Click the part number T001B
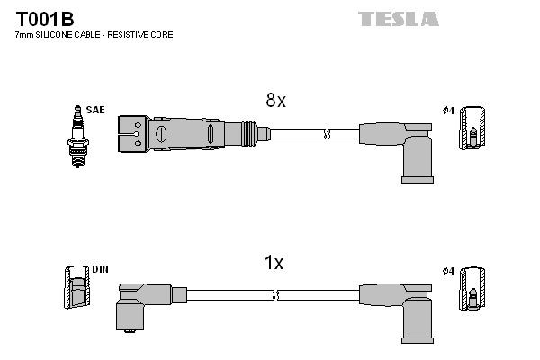pyautogui.click(x=44, y=18)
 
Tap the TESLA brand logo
pyautogui.click(x=398, y=19)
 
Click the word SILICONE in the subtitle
pyautogui.click(x=56, y=34)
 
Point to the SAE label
pyautogui.click(x=96, y=110)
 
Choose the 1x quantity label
pyautogui.click(x=274, y=263)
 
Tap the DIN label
pyautogui.click(x=99, y=269)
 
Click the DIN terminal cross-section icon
pyautogui.click(x=76, y=290)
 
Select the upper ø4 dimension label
pyautogui.click(x=448, y=110)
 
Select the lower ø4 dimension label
pyautogui.click(x=448, y=269)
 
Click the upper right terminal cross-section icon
pyautogui.click(x=471, y=130)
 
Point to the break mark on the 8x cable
pyautogui.click(x=328, y=134)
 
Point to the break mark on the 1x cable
pyautogui.click(x=275, y=294)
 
